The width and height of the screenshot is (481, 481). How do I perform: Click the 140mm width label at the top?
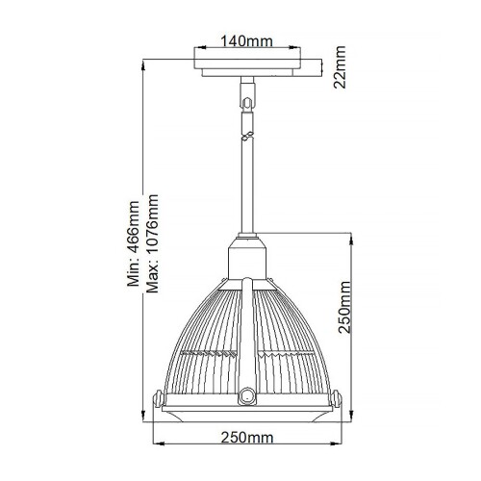point(246,41)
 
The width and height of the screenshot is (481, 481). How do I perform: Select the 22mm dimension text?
point(339,68)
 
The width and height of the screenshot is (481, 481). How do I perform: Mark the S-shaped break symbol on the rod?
point(248,137)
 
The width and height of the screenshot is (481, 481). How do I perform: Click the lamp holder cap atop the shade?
point(248,257)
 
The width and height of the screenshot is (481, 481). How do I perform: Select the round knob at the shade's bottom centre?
point(248,394)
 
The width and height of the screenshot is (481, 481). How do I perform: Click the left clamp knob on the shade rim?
point(163,393)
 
